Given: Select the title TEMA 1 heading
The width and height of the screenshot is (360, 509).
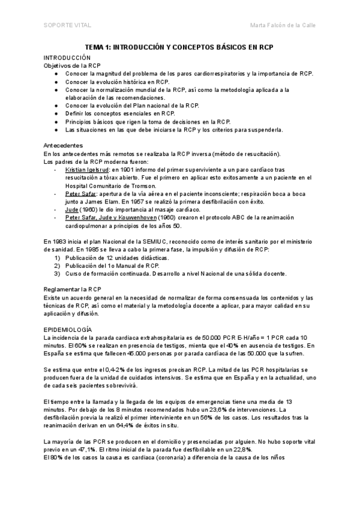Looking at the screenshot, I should (179, 46).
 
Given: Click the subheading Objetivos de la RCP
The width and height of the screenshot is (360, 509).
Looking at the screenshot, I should (73, 65).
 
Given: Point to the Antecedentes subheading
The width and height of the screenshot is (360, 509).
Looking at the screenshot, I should (64, 146).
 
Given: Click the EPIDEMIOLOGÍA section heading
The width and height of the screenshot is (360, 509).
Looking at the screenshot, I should (68, 330).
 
